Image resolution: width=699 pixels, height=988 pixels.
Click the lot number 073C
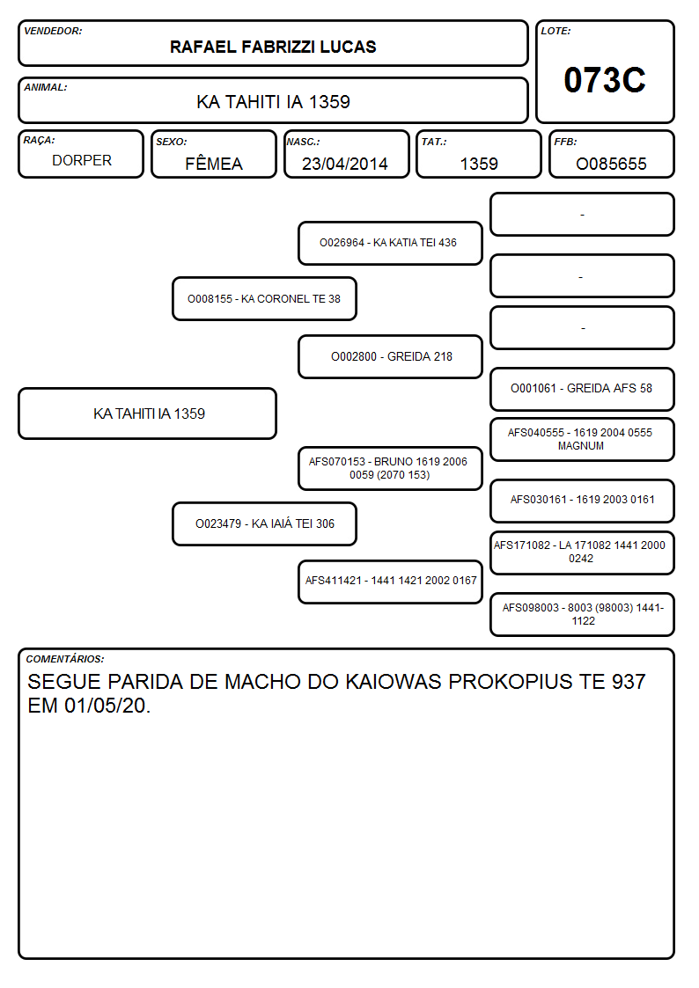[605, 80]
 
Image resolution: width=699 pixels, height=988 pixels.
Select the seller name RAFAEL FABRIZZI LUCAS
[273, 48]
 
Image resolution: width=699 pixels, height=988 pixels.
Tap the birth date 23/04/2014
[345, 164]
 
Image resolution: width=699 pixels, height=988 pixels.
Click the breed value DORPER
[82, 161]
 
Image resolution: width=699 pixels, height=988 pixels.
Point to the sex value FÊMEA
[214, 163]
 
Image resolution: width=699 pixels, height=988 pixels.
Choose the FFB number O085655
[611, 164]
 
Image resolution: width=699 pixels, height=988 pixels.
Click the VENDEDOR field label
[53, 31]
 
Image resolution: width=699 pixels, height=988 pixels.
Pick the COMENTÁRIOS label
[65, 659]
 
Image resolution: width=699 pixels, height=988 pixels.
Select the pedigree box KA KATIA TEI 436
[390, 243]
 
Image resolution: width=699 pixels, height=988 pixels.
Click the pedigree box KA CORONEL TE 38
[265, 298]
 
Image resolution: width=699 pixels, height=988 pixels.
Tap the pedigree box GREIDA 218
[390, 356]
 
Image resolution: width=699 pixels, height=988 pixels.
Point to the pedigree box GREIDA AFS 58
[583, 389]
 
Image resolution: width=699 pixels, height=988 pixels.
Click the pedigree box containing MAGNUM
[583, 439]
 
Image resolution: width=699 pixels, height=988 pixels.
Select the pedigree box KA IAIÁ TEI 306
[265, 523]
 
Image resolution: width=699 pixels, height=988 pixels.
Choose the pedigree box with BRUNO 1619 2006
[390, 468]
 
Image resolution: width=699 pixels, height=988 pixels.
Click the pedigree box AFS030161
[583, 501]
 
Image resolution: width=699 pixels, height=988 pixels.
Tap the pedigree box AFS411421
[390, 582]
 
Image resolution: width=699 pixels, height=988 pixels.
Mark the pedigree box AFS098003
[583, 614]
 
